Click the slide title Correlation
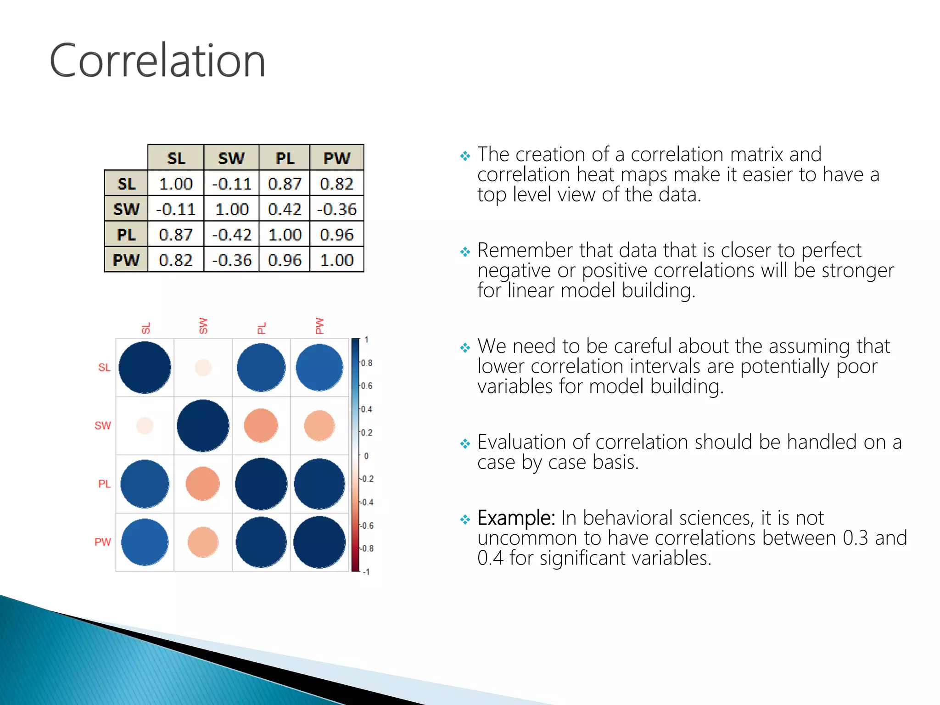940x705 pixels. (x=157, y=61)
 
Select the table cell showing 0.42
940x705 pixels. (x=285, y=209)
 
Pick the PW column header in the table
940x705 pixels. (x=337, y=158)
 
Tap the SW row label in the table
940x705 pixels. (x=126, y=209)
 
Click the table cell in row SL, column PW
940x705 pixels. (x=337, y=184)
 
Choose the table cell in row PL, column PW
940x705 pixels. (x=337, y=235)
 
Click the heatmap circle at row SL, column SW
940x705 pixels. (x=203, y=368)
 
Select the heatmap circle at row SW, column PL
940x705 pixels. (x=261, y=425)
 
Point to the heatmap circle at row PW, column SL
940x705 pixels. (x=145, y=542)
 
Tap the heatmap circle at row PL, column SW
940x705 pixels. (x=203, y=484)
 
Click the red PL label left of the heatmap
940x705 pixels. (x=104, y=484)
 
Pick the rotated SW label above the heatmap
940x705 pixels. (x=203, y=325)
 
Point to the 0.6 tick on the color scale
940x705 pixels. (x=366, y=386)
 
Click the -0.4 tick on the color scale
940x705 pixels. (x=366, y=503)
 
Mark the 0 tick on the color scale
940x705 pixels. (x=366, y=456)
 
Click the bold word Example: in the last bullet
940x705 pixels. (x=516, y=518)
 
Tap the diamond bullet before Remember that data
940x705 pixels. (x=465, y=252)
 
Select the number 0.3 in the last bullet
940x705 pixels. (x=855, y=538)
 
